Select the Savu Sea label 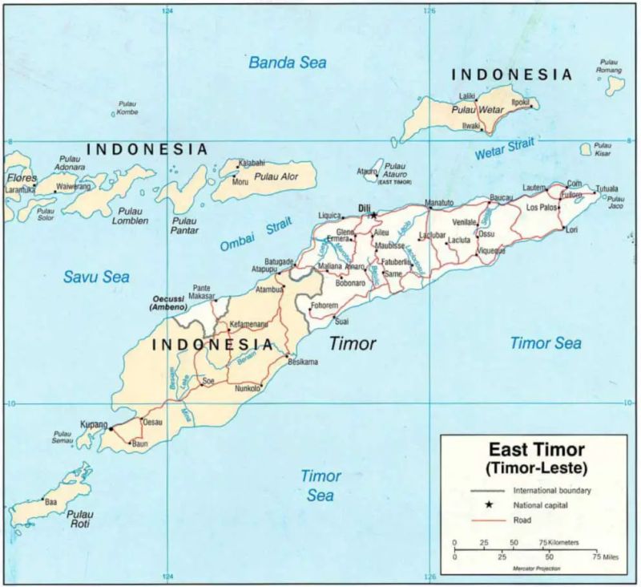pyautogui.click(x=96, y=277)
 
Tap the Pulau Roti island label pyautogui.click(x=80, y=519)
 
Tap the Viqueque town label pyautogui.click(x=491, y=250)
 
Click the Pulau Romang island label pyautogui.click(x=609, y=66)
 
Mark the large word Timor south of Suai pyautogui.click(x=353, y=343)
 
